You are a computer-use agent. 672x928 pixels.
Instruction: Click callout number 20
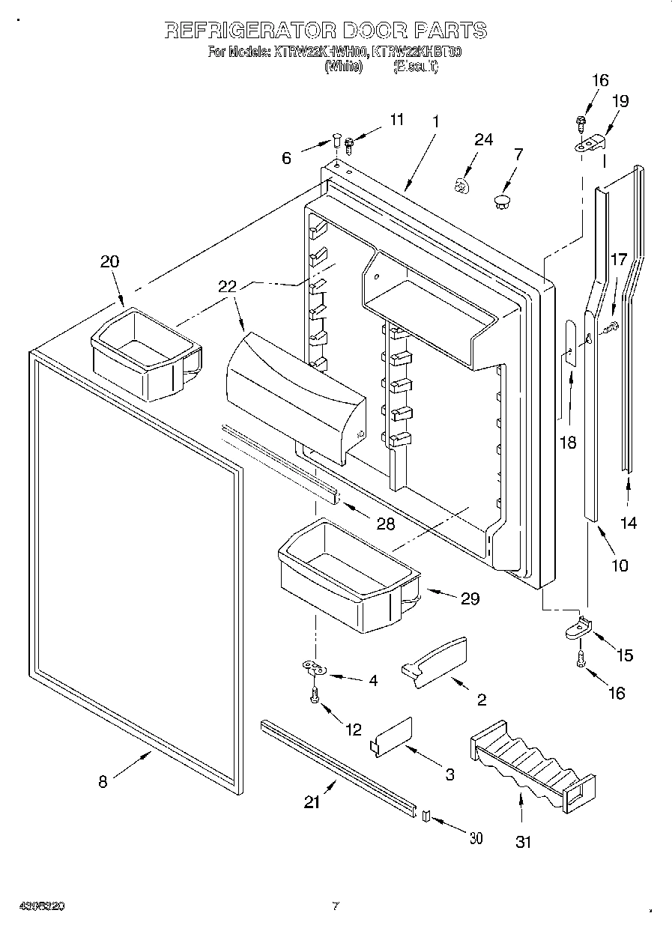[x=109, y=261]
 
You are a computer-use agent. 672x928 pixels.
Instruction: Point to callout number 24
[x=484, y=140]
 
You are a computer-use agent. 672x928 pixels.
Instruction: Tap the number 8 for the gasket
[x=103, y=782]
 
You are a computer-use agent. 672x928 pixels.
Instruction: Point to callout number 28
[x=385, y=524]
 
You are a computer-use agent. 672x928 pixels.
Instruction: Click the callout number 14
[x=629, y=524]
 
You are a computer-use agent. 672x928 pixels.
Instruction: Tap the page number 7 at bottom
[x=336, y=906]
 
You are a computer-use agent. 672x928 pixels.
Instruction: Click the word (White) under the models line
[x=344, y=67]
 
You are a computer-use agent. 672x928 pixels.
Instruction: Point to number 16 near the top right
[x=600, y=81]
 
